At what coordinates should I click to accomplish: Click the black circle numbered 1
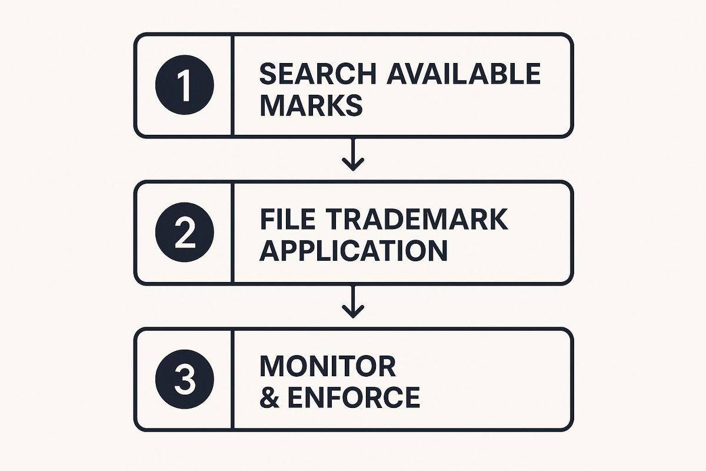click(x=185, y=85)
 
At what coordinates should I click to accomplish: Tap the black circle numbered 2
click(x=185, y=232)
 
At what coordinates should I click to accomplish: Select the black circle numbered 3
click(x=185, y=380)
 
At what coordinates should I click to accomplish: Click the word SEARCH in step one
click(x=318, y=74)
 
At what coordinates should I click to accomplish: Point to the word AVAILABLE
click(x=464, y=74)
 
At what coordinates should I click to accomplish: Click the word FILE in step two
click(x=288, y=219)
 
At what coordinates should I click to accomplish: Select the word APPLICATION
click(x=354, y=250)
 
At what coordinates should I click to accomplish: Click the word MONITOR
click(x=328, y=366)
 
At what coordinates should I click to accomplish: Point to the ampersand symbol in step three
click(x=269, y=397)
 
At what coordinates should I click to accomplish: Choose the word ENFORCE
click(x=354, y=397)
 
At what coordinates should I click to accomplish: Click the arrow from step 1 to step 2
click(x=353, y=155)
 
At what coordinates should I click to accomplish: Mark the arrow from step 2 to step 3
click(x=353, y=302)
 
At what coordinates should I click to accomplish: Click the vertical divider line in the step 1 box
click(x=232, y=85)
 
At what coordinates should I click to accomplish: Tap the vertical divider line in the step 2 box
click(x=232, y=233)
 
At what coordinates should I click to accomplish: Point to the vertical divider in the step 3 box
click(x=232, y=380)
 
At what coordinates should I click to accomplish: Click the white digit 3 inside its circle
click(x=185, y=380)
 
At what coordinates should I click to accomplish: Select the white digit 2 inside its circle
click(x=185, y=233)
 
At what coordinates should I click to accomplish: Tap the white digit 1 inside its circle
click(x=184, y=85)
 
